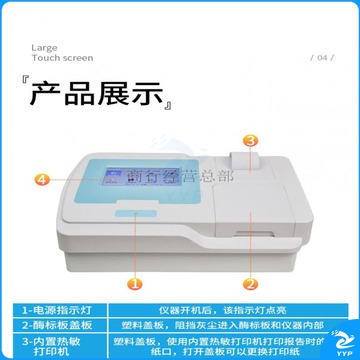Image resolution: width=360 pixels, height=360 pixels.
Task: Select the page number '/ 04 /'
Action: (x=322, y=58)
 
